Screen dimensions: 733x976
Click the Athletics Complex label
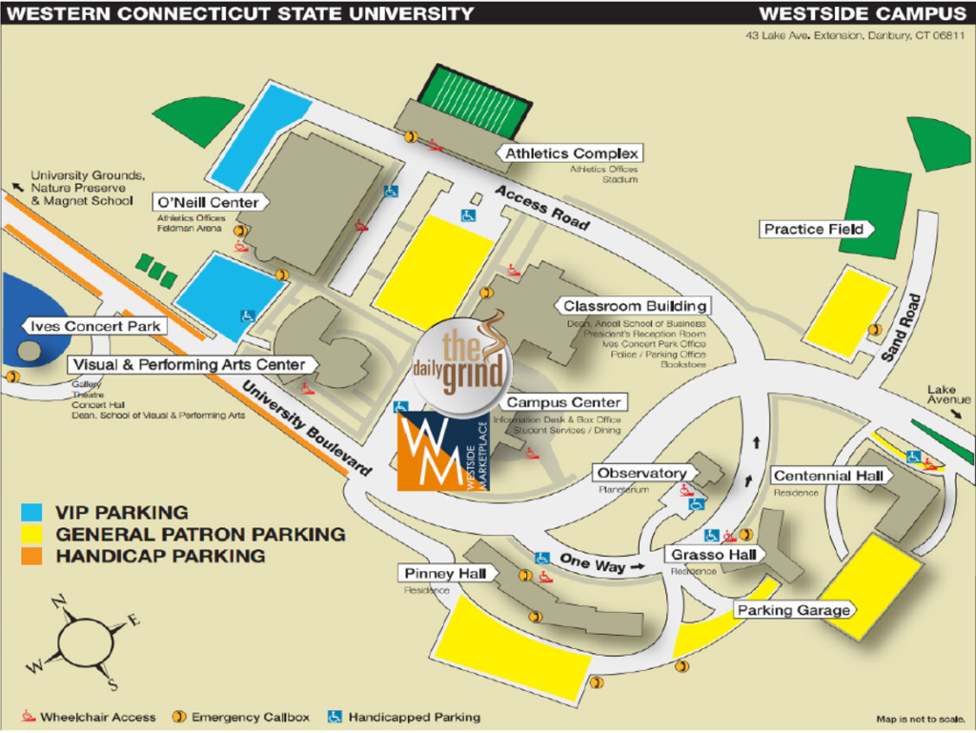(572, 153)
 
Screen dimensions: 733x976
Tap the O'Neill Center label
(207, 202)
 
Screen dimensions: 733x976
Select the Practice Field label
(814, 229)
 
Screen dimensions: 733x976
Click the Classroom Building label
(635, 306)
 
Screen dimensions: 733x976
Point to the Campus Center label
(563, 403)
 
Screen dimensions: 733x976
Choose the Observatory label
(641, 473)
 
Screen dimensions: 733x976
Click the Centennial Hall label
(831, 476)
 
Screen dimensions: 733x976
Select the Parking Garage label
(792, 610)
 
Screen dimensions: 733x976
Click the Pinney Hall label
(445, 574)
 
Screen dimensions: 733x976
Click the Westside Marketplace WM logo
(440, 451)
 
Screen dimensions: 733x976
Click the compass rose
(84, 640)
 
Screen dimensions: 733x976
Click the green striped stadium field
(478, 101)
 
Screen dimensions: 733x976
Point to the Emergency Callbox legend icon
(178, 717)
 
